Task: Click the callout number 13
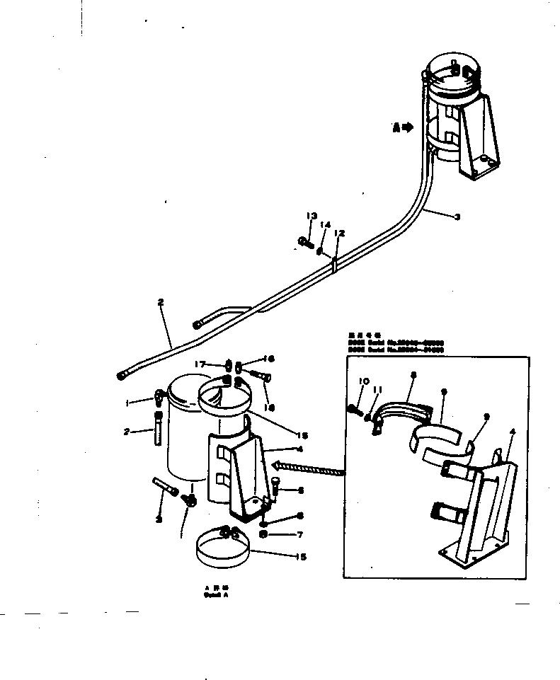pyautogui.click(x=310, y=216)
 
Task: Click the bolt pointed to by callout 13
pyautogui.click(x=306, y=243)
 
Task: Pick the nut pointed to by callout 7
pyautogui.click(x=263, y=533)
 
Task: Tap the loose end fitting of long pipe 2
pyautogui.click(x=120, y=376)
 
